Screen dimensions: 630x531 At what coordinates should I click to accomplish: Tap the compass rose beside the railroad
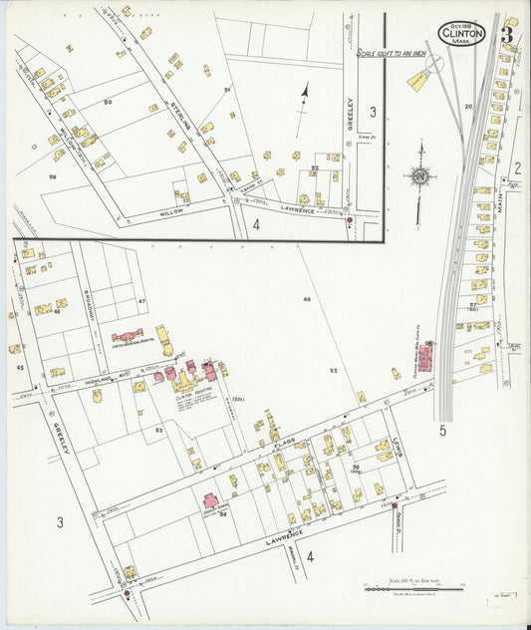pos(421,177)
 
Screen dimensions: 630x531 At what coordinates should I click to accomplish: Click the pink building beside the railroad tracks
pos(427,356)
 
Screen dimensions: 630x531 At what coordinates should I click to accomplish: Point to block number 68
pos(307,299)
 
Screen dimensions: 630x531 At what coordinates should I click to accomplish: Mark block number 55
pos(335,370)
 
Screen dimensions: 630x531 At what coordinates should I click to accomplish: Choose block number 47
pos(141,300)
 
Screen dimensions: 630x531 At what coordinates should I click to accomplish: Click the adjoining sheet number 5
pos(441,431)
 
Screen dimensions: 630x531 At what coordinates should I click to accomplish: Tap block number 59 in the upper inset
pos(52,176)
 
